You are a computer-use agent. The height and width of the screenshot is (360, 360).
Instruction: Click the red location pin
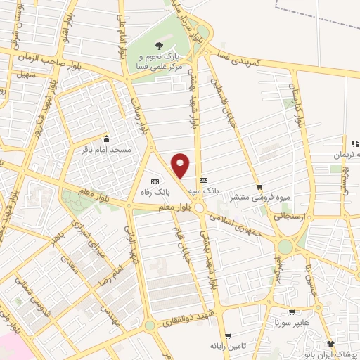[181, 165]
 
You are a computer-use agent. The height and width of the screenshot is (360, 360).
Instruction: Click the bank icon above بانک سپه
[203, 180]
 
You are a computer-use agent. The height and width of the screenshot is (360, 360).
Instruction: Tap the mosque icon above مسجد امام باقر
[106, 138]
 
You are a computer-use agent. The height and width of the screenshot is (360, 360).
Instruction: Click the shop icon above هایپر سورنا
[291, 313]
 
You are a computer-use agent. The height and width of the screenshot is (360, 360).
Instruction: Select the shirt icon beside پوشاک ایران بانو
[331, 345]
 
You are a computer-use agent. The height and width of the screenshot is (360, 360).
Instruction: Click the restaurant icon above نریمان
[346, 143]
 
